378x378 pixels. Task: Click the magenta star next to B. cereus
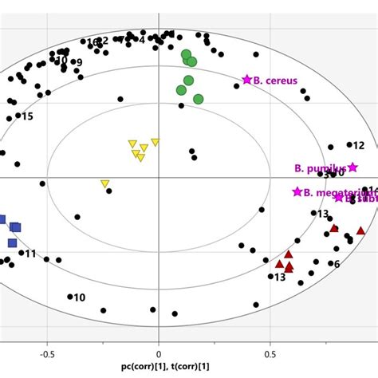click(x=247, y=79)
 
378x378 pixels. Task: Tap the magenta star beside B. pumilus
click(x=352, y=167)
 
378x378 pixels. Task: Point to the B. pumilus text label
click(x=319, y=168)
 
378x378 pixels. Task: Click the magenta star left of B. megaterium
click(x=297, y=191)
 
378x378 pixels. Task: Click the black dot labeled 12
click(x=349, y=145)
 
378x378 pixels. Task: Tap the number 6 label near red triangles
click(x=337, y=264)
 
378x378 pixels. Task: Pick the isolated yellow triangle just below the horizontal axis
click(x=104, y=184)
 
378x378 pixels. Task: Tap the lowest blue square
click(x=12, y=242)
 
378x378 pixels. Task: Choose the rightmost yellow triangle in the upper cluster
click(x=155, y=143)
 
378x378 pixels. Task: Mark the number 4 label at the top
click(x=143, y=40)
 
